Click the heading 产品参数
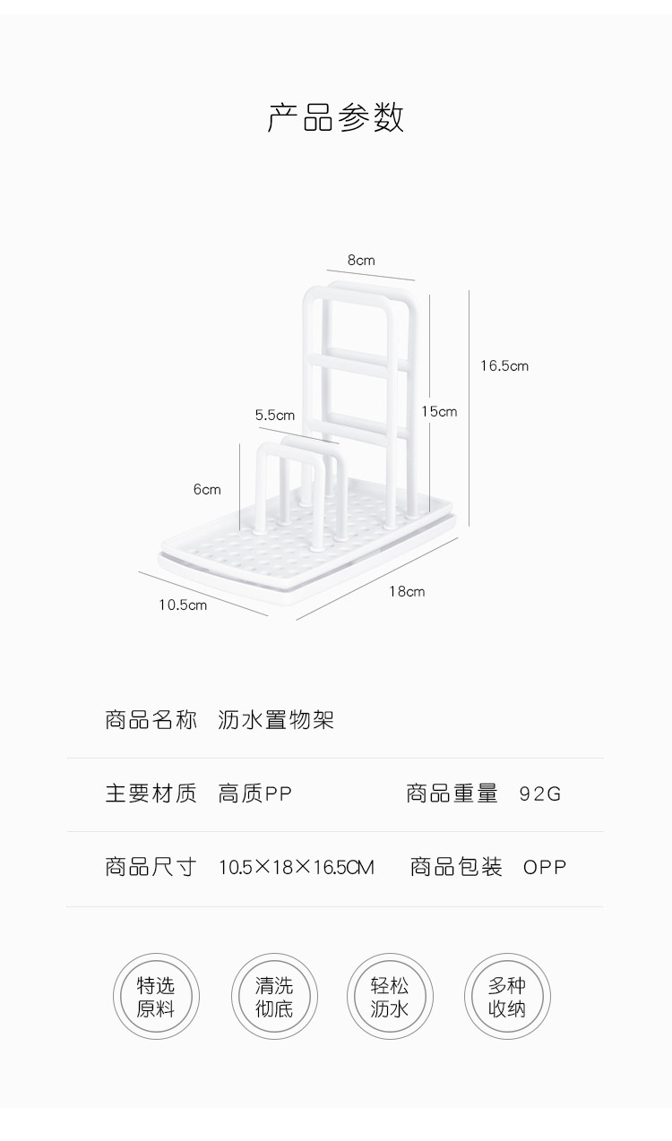pos(336,118)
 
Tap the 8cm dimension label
pos(361,261)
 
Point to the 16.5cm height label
pos(504,365)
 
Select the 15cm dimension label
pos(439,411)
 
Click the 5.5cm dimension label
pos(274,415)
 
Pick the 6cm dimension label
pos(206,489)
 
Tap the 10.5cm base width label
pos(183,605)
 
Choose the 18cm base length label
pos(407,591)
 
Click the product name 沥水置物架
pos(276,720)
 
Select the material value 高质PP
pos(255,794)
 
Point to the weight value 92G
pos(539,794)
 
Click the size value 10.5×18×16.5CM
pos(297,867)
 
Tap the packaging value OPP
pos(545,867)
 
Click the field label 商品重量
pos(452,794)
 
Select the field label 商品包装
pos(456,867)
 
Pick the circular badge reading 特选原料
pos(156,997)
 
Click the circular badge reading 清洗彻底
pos(274,997)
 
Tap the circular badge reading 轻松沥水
pos(390,997)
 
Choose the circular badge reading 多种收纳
pos(507,997)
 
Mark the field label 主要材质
pos(151,794)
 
